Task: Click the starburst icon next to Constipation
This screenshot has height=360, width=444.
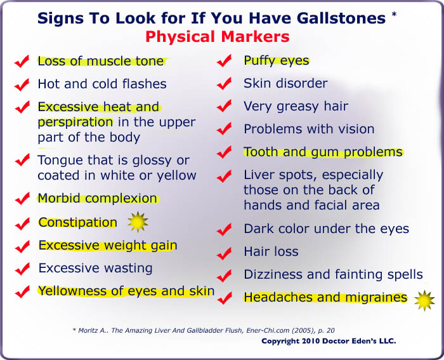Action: tap(138, 222)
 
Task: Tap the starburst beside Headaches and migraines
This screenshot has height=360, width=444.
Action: tap(424, 300)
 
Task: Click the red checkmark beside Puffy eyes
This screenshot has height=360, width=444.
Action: tap(223, 62)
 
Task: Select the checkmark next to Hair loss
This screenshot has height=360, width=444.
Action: tap(223, 253)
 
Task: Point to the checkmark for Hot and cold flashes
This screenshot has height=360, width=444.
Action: tap(22, 84)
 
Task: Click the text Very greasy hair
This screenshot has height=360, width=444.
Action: tap(296, 106)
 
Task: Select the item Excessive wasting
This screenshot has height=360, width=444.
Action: tap(95, 268)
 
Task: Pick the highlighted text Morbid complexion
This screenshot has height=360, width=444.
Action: tap(97, 198)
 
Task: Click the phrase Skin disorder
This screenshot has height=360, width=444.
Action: tap(285, 83)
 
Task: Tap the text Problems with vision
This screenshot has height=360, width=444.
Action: tap(309, 129)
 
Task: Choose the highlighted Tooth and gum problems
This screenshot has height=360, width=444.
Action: tap(323, 152)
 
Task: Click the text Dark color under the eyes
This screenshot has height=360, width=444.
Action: tap(326, 229)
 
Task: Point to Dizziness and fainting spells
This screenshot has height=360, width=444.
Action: tap(333, 274)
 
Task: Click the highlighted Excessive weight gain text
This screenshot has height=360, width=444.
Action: tap(108, 245)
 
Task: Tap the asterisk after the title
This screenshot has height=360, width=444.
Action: tap(394, 13)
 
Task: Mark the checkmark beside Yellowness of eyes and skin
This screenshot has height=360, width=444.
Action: tap(22, 292)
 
